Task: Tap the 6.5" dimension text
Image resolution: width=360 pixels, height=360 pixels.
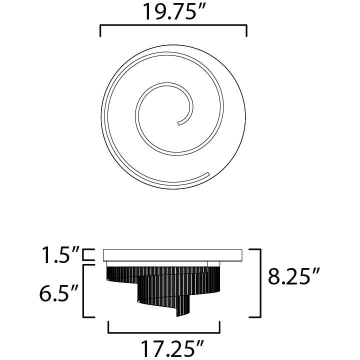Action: [x=59, y=291]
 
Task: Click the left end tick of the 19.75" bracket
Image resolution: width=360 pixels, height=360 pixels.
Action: [x=101, y=31]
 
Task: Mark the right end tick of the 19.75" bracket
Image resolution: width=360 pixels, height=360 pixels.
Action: [x=246, y=31]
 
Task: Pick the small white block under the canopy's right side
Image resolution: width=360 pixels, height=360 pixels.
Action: [x=213, y=263]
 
